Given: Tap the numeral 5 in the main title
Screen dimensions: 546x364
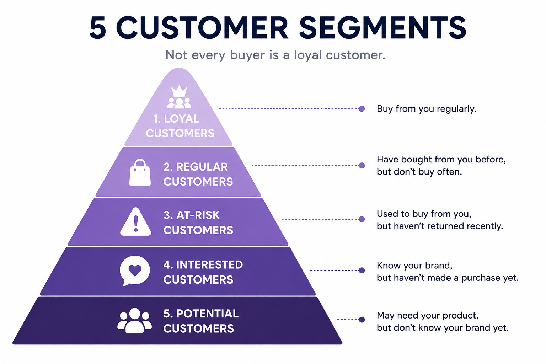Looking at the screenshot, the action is click(x=98, y=27).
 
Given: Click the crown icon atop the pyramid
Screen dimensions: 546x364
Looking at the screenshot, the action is click(x=179, y=91).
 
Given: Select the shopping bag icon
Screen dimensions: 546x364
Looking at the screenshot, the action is click(x=140, y=173).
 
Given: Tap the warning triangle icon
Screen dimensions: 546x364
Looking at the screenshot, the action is click(x=135, y=221).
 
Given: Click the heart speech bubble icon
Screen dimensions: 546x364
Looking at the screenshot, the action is click(x=135, y=271).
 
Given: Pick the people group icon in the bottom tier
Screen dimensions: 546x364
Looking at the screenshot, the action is click(x=134, y=320).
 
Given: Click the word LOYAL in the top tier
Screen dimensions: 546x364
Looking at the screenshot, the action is click(x=182, y=119).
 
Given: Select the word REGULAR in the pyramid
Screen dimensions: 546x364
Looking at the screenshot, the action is click(x=202, y=167).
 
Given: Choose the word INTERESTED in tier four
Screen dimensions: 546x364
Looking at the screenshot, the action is click(x=209, y=265).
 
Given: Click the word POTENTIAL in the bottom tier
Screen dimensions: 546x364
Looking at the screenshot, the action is click(x=207, y=314).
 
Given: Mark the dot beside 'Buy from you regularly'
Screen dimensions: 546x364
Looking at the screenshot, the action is click(x=362, y=109).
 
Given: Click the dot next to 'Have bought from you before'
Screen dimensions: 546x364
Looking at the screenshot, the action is click(x=362, y=166).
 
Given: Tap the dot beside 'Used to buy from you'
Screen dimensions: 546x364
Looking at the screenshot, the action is click(x=362, y=219).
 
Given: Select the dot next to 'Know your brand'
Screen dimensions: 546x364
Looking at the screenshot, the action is click(x=362, y=271).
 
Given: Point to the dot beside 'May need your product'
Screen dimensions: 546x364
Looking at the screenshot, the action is click(x=362, y=319).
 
